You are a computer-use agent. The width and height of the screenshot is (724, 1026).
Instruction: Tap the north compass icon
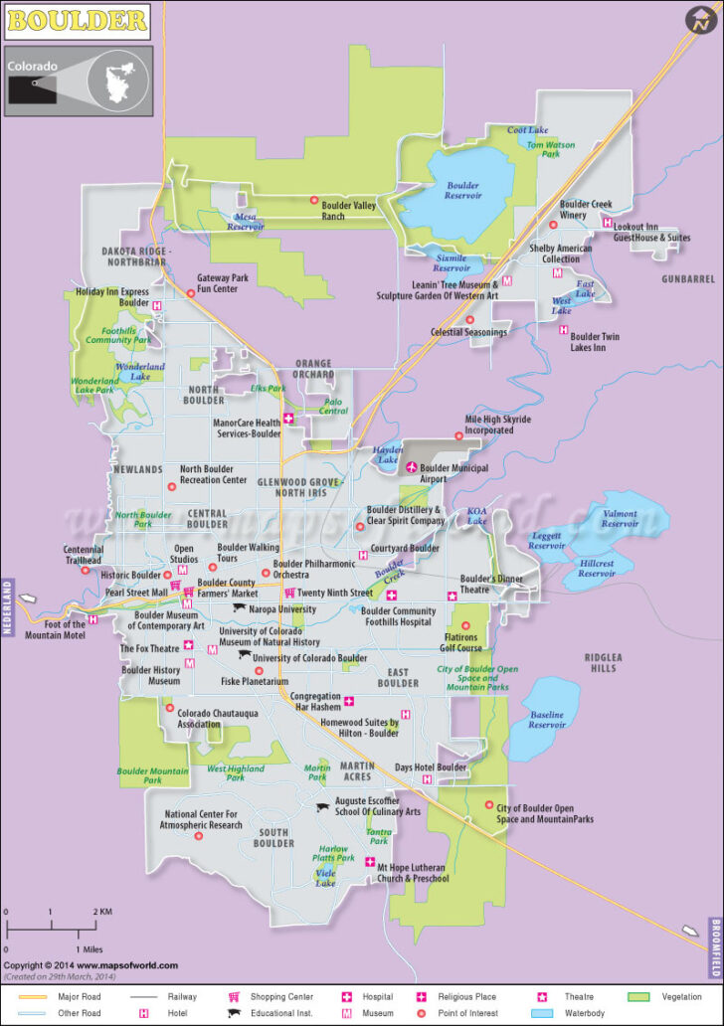(700, 20)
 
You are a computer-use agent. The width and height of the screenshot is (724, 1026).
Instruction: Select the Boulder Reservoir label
(462, 190)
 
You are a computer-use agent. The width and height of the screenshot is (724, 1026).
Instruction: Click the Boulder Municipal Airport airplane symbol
(410, 467)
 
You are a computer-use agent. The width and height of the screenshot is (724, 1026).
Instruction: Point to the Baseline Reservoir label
(546, 720)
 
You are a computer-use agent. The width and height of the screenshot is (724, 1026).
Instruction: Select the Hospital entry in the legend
(370, 996)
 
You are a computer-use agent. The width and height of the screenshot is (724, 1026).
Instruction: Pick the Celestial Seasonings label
(468, 332)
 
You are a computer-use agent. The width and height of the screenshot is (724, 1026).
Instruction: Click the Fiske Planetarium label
(254, 682)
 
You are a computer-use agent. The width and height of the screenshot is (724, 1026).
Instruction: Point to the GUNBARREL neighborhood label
(688, 279)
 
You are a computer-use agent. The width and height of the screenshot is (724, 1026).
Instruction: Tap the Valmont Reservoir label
(620, 519)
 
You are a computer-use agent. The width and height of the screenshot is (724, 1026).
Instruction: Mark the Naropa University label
(282, 608)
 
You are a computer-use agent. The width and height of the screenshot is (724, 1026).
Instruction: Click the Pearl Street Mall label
(136, 592)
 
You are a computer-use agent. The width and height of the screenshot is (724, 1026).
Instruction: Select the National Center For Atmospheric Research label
(203, 819)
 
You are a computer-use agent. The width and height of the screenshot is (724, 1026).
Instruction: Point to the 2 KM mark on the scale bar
(96, 912)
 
